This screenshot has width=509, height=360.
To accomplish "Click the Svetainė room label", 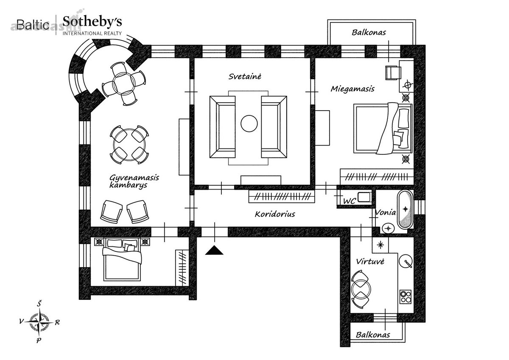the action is tap(245, 76).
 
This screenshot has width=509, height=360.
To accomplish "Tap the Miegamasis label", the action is tap(352, 89).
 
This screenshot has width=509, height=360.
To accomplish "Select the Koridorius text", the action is tap(275, 214).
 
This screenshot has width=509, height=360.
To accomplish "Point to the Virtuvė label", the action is tap(370, 262).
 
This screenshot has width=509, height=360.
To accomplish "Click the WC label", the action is tap(349, 201).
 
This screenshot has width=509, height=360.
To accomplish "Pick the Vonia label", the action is tap(386, 212).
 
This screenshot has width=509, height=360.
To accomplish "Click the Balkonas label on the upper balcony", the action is tap(369, 32).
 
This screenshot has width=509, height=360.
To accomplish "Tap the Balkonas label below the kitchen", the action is tap(373, 335).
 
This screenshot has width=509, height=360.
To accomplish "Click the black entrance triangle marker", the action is tap(214, 250).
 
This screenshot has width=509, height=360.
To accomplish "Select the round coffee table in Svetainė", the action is tap(249, 123).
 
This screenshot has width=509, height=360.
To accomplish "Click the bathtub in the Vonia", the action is tap(405, 209).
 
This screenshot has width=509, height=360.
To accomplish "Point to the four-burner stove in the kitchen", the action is tap(406, 297).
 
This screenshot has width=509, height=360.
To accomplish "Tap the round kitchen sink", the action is tap(406, 261).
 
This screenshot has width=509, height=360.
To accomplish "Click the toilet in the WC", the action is tap(364, 197).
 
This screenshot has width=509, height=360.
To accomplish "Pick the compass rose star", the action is tap(39, 321).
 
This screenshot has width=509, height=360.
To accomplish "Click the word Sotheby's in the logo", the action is tap(92, 22).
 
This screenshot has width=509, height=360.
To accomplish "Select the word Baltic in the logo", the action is tap(33, 25).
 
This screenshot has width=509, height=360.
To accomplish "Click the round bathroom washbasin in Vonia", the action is tap(389, 228).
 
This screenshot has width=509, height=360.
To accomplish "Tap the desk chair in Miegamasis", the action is tap(393, 73).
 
